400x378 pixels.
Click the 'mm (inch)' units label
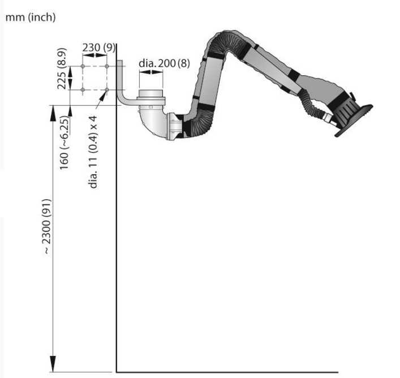[31, 18]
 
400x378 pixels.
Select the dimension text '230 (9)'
[98, 48]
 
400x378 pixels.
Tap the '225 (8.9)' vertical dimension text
[62, 68]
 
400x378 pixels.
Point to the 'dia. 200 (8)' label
[164, 63]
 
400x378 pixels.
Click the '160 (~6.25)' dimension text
[64, 143]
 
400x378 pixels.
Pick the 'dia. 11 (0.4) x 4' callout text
[93, 152]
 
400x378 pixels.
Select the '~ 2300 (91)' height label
[47, 226]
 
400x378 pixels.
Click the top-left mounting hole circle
[83, 66]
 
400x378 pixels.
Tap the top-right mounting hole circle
[107, 66]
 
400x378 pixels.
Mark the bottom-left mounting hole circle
[83, 90]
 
